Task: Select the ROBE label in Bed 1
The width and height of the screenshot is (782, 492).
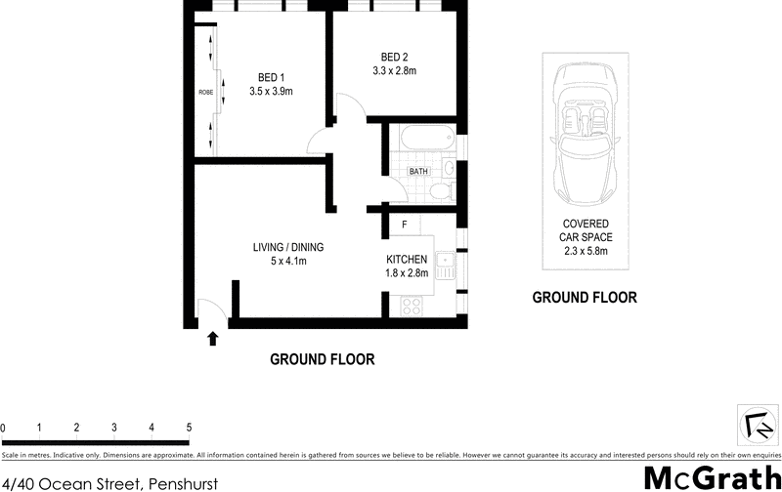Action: point(205,92)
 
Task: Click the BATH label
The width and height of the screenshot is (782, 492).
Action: point(418,172)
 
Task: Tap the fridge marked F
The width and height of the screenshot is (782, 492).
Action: point(405,225)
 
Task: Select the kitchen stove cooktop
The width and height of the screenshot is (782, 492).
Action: point(412,304)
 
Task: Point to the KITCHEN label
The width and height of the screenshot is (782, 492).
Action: point(408,259)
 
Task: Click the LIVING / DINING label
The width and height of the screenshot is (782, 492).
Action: point(288,246)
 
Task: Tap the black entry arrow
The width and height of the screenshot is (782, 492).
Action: point(213,338)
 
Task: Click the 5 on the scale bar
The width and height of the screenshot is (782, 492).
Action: point(189,428)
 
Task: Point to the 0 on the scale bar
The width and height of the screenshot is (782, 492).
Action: point(3,428)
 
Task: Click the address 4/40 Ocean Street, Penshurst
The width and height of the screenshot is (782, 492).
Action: point(109,483)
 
